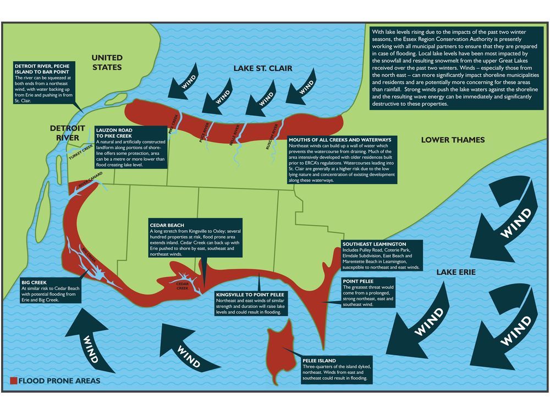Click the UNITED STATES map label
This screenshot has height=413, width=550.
tap(107, 62)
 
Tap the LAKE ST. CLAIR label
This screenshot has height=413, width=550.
tap(263, 68)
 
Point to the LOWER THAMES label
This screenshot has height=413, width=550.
tap(453, 140)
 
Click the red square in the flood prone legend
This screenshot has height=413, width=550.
tap(13, 381)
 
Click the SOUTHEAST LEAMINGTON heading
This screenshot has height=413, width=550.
tap(374, 244)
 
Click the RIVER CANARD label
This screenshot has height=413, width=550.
tap(90, 182)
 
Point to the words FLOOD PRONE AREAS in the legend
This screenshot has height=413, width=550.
tap(59, 381)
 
